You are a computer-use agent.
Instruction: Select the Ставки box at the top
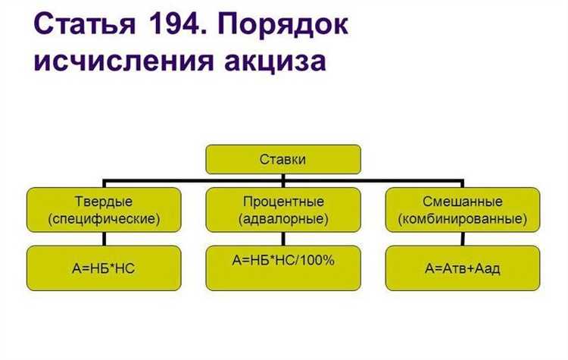(x=283, y=160)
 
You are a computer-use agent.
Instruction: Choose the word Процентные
(x=284, y=202)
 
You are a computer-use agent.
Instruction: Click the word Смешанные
(x=463, y=202)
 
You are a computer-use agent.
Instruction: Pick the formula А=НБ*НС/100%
(x=284, y=260)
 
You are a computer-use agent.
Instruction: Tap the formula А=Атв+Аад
(x=463, y=268)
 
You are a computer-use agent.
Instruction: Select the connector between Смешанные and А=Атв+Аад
(x=463, y=239)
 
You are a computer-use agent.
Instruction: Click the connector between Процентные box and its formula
(x=284, y=239)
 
